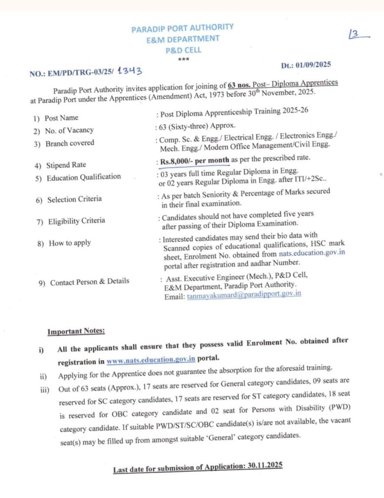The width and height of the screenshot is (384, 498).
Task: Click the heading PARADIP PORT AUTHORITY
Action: click(183, 28)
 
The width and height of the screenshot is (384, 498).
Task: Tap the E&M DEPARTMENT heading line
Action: click(183, 39)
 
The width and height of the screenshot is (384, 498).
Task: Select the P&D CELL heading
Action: click(183, 50)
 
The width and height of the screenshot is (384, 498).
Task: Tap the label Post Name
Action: click(61, 118)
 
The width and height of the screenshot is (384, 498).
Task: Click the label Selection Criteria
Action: click(74, 199)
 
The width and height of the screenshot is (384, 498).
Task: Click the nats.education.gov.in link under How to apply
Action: click(312, 254)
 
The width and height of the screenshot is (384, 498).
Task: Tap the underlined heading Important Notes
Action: click(76, 332)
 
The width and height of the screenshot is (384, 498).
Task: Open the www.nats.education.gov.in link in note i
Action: click(151, 360)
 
